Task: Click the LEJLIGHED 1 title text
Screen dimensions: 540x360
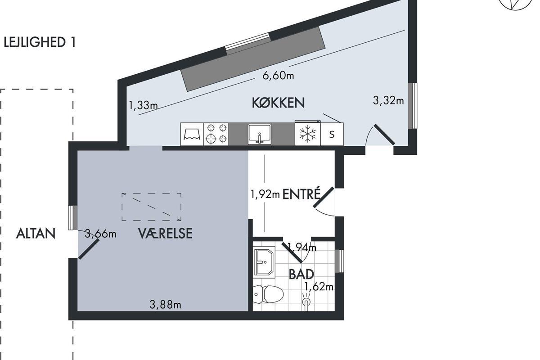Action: [x=40, y=42]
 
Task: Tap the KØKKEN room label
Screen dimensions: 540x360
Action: [x=278, y=103]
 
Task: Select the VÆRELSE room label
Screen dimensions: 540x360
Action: [x=166, y=234]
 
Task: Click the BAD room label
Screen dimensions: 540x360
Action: [x=301, y=274]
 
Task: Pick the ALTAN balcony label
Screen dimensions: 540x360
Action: [x=36, y=234]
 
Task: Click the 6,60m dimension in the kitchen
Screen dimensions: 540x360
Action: [x=278, y=76]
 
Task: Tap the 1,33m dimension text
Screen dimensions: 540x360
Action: [x=143, y=105]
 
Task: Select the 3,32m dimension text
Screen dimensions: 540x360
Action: [x=388, y=100]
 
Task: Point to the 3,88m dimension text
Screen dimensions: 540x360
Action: [x=166, y=305]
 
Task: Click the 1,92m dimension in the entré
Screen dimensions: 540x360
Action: [x=265, y=194]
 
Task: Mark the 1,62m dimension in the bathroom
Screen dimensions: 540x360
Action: [x=319, y=287]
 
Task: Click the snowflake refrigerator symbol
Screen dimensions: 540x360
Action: [x=308, y=134]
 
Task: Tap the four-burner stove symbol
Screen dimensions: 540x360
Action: [x=216, y=134]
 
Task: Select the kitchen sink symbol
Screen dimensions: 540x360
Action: [x=260, y=134]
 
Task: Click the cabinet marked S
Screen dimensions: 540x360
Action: [x=332, y=134]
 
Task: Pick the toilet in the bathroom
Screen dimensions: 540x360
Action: [x=268, y=294]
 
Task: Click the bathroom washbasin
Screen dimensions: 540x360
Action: [x=264, y=262]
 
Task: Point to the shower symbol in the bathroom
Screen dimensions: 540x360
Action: [x=306, y=301]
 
